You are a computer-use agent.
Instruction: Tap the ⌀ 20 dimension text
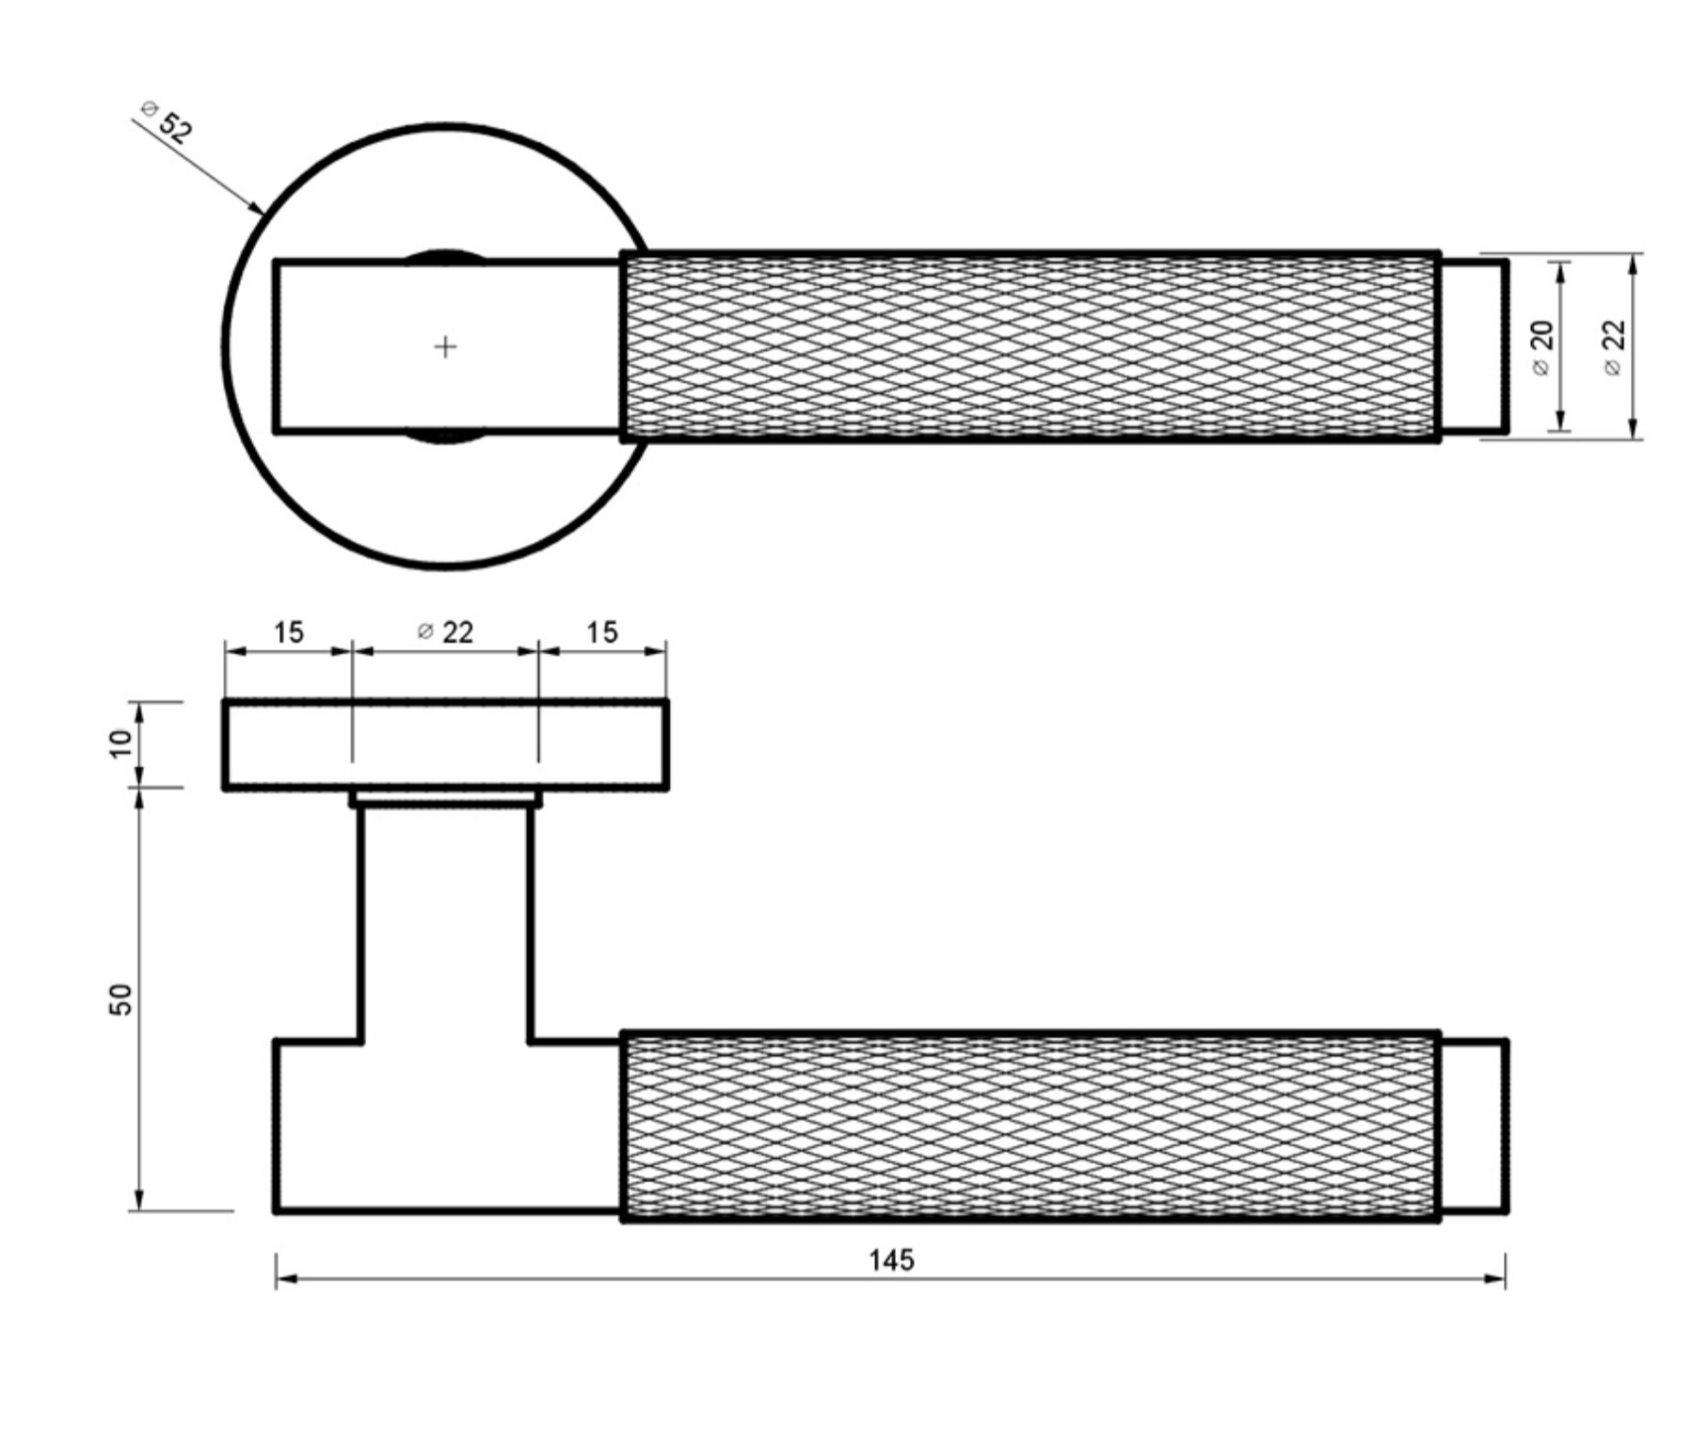[1541, 347]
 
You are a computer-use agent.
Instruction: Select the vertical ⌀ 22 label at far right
[1613, 347]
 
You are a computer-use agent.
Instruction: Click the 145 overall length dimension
[890, 1259]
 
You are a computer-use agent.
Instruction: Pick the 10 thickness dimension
[122, 743]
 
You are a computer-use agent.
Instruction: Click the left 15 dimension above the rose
[288, 632]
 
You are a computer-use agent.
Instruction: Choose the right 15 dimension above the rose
[602, 632]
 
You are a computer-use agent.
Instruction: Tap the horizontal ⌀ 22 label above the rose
[445, 632]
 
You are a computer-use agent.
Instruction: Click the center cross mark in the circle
[445, 347]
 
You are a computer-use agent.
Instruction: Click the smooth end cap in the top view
[1474, 347]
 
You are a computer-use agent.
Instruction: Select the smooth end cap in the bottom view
[1474, 1126]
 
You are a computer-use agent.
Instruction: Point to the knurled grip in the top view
[1030, 346]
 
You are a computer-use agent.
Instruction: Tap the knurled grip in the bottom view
[1030, 1126]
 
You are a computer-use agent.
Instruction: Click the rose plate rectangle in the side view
[446, 744]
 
